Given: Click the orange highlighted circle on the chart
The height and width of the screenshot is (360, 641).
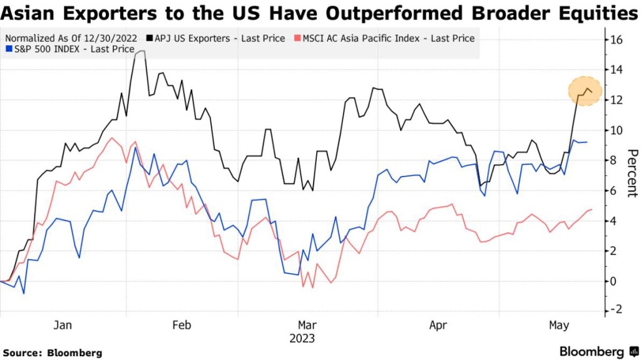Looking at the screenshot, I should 585,91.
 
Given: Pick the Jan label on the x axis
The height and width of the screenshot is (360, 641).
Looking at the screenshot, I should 63,325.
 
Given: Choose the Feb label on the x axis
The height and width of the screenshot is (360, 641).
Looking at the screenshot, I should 182,325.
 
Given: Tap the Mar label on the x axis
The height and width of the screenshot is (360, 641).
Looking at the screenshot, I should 307,325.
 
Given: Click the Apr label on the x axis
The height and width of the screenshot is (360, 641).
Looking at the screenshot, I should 438,325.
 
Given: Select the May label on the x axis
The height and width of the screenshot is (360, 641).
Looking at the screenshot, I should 559,325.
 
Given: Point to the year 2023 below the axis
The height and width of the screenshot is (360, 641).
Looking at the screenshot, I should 302,339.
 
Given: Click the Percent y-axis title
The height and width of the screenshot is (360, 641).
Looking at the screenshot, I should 632,173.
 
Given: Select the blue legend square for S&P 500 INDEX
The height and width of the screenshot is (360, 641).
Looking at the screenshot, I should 8,49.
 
